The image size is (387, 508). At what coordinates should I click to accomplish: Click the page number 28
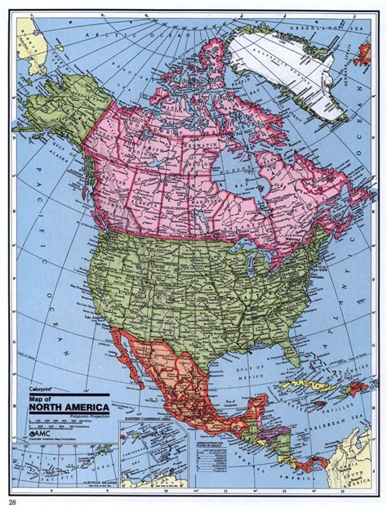pyautogui.click(x=11, y=501)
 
